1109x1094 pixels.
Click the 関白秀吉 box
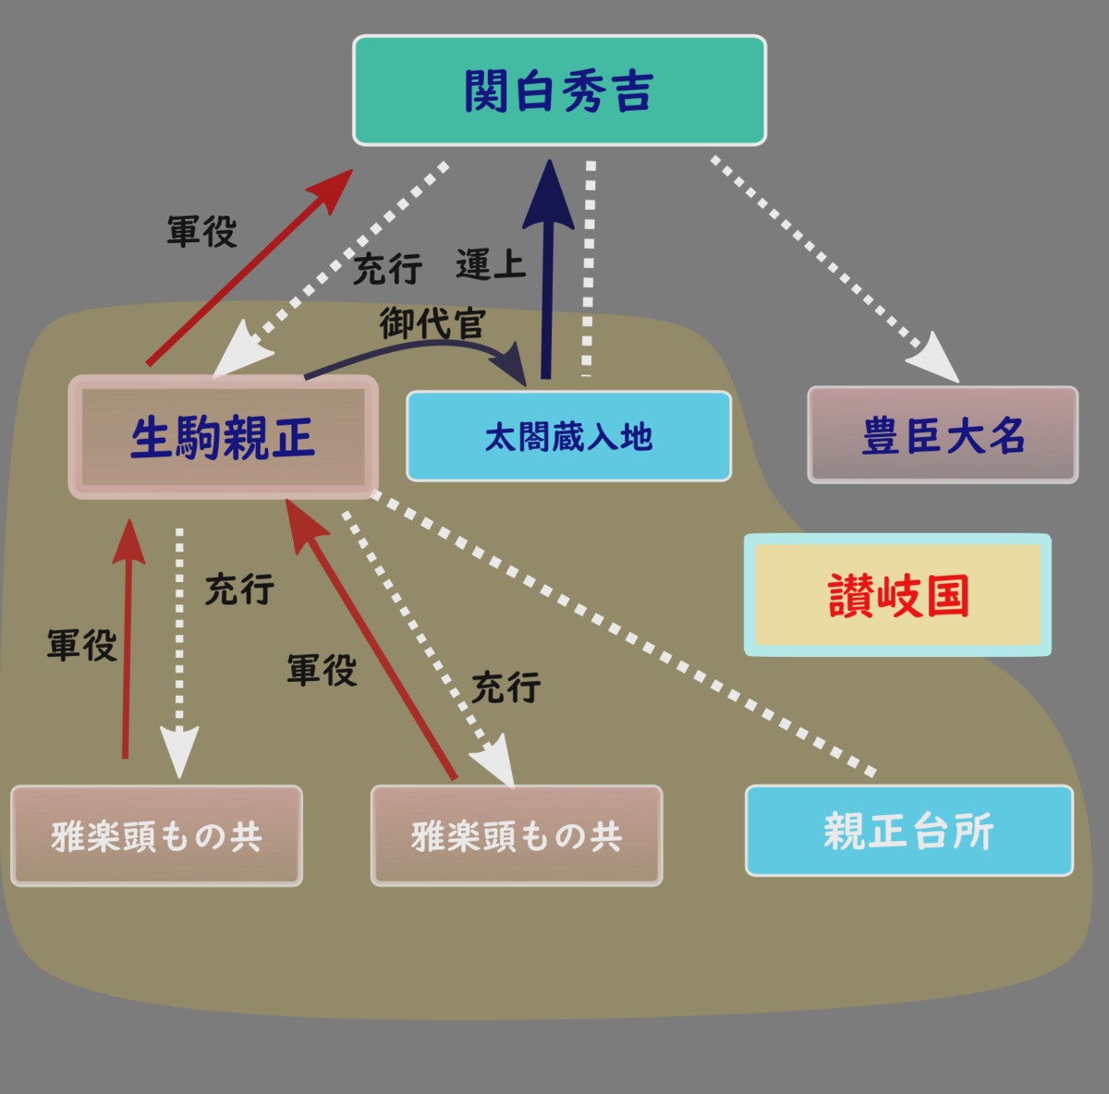559,91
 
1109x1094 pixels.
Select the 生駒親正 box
223,437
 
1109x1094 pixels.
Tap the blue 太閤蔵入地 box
568,436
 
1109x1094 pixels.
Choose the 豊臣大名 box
943,435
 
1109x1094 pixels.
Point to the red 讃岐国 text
898,596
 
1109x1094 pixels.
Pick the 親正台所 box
908,831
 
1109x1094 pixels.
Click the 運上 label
491,265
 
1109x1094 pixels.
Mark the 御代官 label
433,323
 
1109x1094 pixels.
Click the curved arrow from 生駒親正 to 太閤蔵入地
416,346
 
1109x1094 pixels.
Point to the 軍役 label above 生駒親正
202,231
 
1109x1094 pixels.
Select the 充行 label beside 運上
388,270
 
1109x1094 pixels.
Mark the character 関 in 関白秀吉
487,91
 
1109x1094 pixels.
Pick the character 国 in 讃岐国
947,596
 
